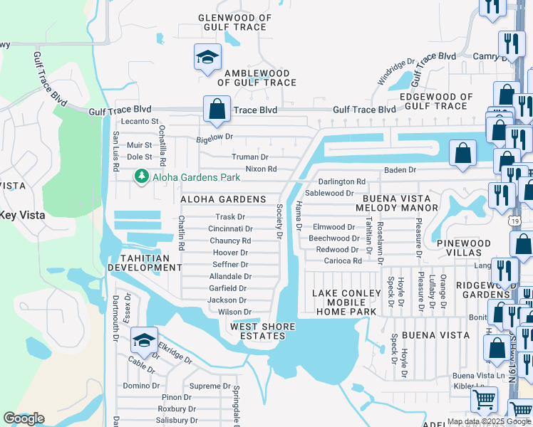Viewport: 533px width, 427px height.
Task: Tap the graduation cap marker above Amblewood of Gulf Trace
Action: pyautogui.click(x=207, y=58)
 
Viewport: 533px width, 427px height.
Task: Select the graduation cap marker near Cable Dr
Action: pyautogui.click(x=144, y=341)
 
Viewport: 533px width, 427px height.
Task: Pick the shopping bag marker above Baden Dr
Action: pyautogui.click(x=463, y=152)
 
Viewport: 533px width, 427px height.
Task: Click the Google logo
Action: pyautogui.click(x=24, y=418)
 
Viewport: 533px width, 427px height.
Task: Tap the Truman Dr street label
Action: pyautogui.click(x=249, y=157)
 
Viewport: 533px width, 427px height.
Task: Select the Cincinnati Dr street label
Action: pyautogui.click(x=230, y=229)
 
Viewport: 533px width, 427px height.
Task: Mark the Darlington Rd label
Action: pyautogui.click(x=341, y=182)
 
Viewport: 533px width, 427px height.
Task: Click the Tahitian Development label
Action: pyautogui.click(x=145, y=263)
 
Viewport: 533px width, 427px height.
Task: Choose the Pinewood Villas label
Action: pyautogui.click(x=464, y=248)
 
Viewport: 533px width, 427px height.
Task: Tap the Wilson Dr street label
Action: pyautogui.click(x=234, y=312)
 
